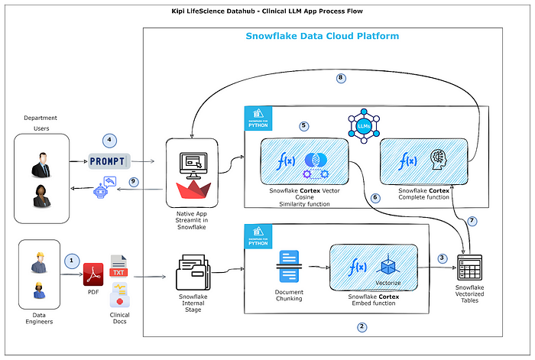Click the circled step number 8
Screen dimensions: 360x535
point(341,78)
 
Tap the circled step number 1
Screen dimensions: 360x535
point(72,259)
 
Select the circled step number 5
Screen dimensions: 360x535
point(304,125)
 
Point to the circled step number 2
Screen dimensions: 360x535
point(362,326)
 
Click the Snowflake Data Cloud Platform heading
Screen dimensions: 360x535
point(322,36)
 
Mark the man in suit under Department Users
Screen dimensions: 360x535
point(41,163)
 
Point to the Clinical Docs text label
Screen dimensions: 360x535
point(119,319)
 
